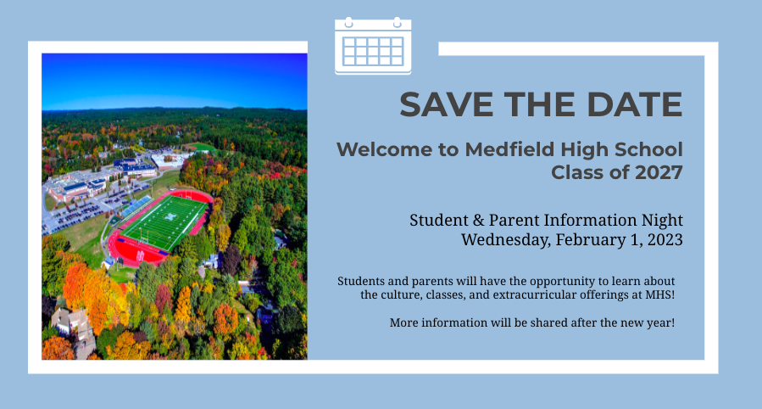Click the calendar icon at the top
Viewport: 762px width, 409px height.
pyautogui.click(x=373, y=46)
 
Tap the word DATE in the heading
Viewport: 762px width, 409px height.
pyautogui.click(x=634, y=104)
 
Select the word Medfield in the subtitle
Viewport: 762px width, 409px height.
pyautogui.click(x=509, y=149)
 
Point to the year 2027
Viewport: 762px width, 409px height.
pyautogui.click(x=659, y=172)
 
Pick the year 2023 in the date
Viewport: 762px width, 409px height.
pyautogui.click(x=665, y=240)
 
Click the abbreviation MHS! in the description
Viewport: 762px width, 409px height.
pyautogui.click(x=659, y=294)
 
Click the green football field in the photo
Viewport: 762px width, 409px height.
pyautogui.click(x=165, y=222)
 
